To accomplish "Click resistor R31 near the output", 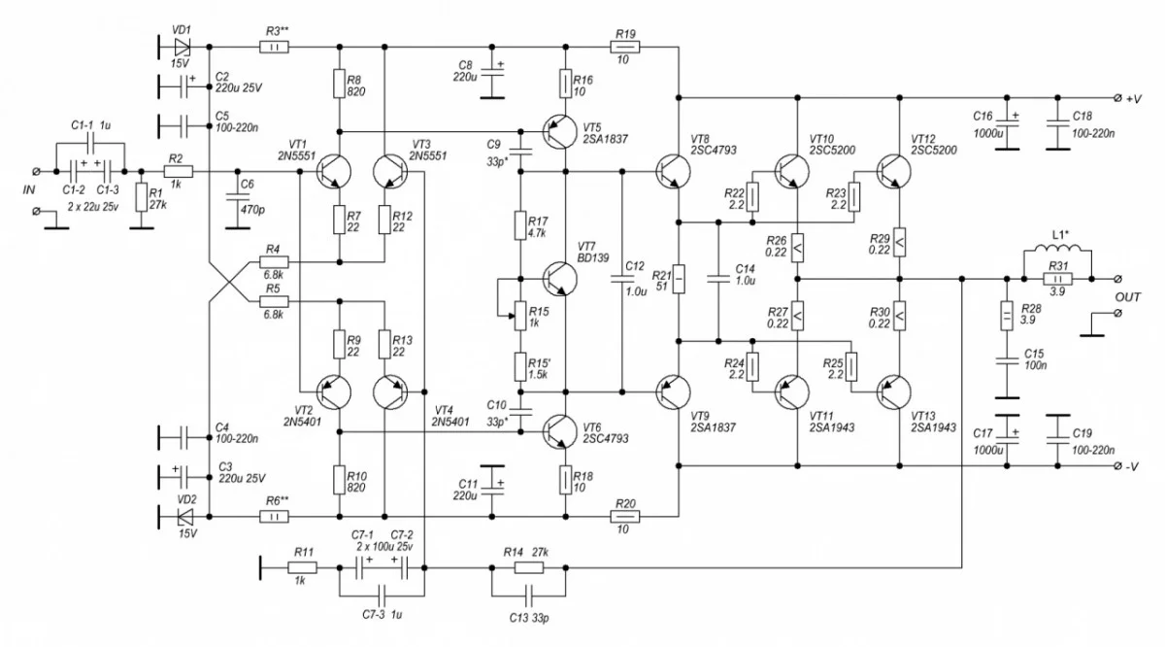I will (x=1057, y=279).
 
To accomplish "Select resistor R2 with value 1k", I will (x=178, y=172).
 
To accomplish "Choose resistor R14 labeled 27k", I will (x=529, y=567).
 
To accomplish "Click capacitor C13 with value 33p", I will (x=529, y=593).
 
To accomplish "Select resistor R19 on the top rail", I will (x=625, y=46).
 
